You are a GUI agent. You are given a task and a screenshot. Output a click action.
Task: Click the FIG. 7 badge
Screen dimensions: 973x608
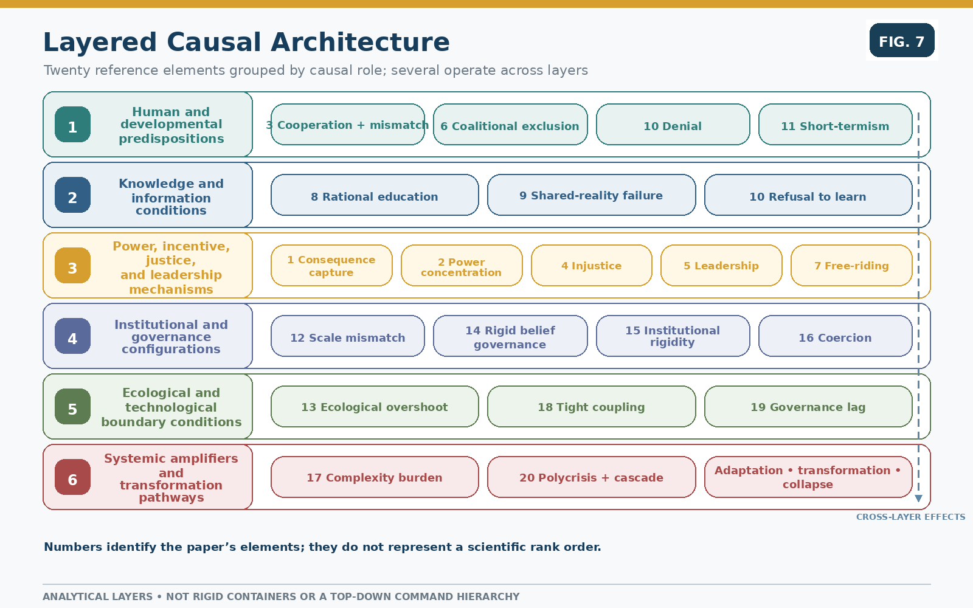point(902,40)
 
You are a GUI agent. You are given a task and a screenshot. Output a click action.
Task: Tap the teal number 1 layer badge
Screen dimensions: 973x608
point(72,125)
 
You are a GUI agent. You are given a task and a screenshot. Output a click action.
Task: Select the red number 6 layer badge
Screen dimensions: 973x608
point(72,477)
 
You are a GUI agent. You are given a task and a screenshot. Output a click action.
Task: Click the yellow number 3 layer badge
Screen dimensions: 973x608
point(72,266)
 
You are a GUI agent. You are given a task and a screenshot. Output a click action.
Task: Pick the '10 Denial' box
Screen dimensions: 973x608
point(673,125)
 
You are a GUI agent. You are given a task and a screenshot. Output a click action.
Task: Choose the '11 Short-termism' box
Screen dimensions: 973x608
point(836,125)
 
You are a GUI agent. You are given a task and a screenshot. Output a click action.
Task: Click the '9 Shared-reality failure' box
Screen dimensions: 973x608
point(591,195)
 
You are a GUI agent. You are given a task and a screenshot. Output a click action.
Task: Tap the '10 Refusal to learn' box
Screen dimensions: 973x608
point(808,195)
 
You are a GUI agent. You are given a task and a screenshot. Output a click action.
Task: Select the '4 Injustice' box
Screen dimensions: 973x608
point(591,266)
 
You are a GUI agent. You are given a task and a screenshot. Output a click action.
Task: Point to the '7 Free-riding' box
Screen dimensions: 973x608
point(851,266)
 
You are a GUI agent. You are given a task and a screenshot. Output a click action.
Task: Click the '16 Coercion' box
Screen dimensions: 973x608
point(836,336)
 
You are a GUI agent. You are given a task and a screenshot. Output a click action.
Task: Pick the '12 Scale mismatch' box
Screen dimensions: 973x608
point(347,336)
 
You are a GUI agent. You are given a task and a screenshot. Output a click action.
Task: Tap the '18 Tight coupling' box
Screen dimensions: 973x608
point(591,407)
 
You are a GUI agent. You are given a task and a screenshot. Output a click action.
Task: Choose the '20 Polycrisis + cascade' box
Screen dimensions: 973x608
point(591,477)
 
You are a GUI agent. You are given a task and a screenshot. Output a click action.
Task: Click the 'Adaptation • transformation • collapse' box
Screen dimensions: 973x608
point(808,477)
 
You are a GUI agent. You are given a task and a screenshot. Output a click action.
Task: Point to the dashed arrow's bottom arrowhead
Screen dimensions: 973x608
point(918,499)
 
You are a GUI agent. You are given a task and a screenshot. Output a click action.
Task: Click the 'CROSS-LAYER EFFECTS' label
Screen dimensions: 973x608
point(910,517)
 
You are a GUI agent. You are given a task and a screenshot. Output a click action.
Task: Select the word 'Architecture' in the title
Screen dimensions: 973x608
point(360,42)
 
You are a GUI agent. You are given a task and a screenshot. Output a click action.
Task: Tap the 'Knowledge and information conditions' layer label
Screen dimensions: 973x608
point(171,197)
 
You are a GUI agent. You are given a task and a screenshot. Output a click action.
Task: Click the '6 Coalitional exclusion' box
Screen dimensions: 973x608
point(510,125)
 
